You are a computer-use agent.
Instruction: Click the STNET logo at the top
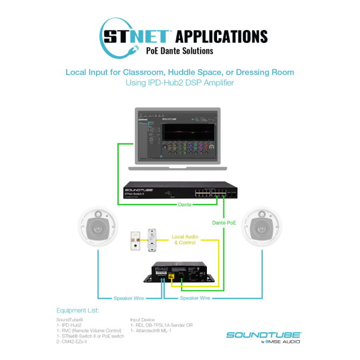pos(134,36)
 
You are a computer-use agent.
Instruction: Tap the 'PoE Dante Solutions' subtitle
pos(179,51)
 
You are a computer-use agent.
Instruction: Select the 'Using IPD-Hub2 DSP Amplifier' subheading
pos(179,83)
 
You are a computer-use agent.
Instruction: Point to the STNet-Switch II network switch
pos(179,191)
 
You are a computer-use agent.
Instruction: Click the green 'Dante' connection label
pos(185,205)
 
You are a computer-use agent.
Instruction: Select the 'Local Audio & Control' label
pos(185,240)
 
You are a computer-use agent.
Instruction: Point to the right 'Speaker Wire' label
pos(195,298)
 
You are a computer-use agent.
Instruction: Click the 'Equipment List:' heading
pos(77,310)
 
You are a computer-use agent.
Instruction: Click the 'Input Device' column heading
pos(142,320)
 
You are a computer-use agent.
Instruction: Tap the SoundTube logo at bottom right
pos(263,336)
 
